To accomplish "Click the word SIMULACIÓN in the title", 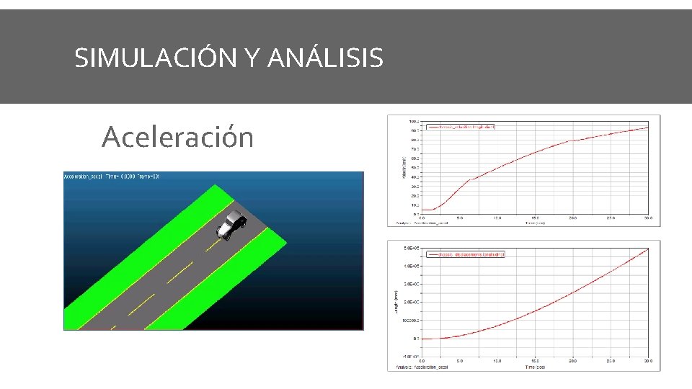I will point(155,58).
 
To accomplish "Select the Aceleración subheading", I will point(177,136).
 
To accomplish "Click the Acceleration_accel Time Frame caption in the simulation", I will point(112,176).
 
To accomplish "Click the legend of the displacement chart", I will point(466,254).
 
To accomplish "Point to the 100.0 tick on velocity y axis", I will point(413,122).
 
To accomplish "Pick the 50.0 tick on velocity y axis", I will point(414,168).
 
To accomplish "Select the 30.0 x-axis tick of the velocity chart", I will point(648,218).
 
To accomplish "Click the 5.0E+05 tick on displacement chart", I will point(411,249).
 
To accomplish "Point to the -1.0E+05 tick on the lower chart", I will point(411,356).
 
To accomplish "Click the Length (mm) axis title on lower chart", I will point(395,302).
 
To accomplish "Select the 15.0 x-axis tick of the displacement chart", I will point(535,361).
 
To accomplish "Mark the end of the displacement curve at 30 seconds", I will point(648,249).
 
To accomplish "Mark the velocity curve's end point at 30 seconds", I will point(648,128).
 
